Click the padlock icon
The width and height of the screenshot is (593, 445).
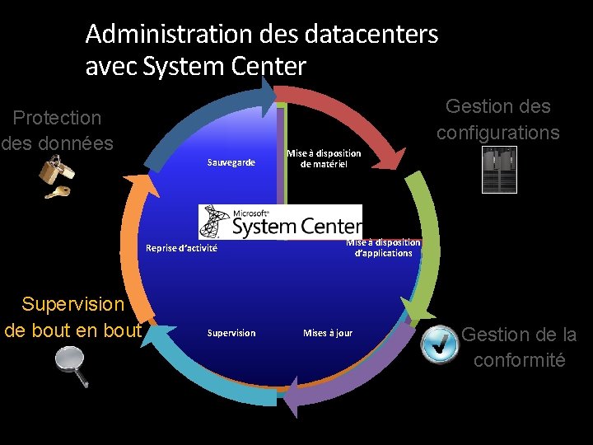point(56,171)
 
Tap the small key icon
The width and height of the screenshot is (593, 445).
point(58,193)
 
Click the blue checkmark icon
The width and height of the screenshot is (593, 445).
point(440,344)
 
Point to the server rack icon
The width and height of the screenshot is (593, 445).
point(499,170)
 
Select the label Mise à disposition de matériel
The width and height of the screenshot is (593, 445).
point(324,159)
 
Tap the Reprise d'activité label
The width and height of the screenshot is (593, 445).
point(181,248)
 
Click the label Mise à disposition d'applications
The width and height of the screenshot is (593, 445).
point(383,248)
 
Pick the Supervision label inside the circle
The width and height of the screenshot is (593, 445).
point(231,333)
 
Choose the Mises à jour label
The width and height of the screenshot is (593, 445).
point(327,333)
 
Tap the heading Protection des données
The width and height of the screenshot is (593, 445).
point(57,130)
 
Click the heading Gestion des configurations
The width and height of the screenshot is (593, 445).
point(497,119)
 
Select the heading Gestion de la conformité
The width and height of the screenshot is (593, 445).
point(519,347)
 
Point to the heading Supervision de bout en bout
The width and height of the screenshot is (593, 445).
point(72,317)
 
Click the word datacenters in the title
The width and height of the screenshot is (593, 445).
point(371,35)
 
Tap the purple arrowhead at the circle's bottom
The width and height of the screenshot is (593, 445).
point(290,401)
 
